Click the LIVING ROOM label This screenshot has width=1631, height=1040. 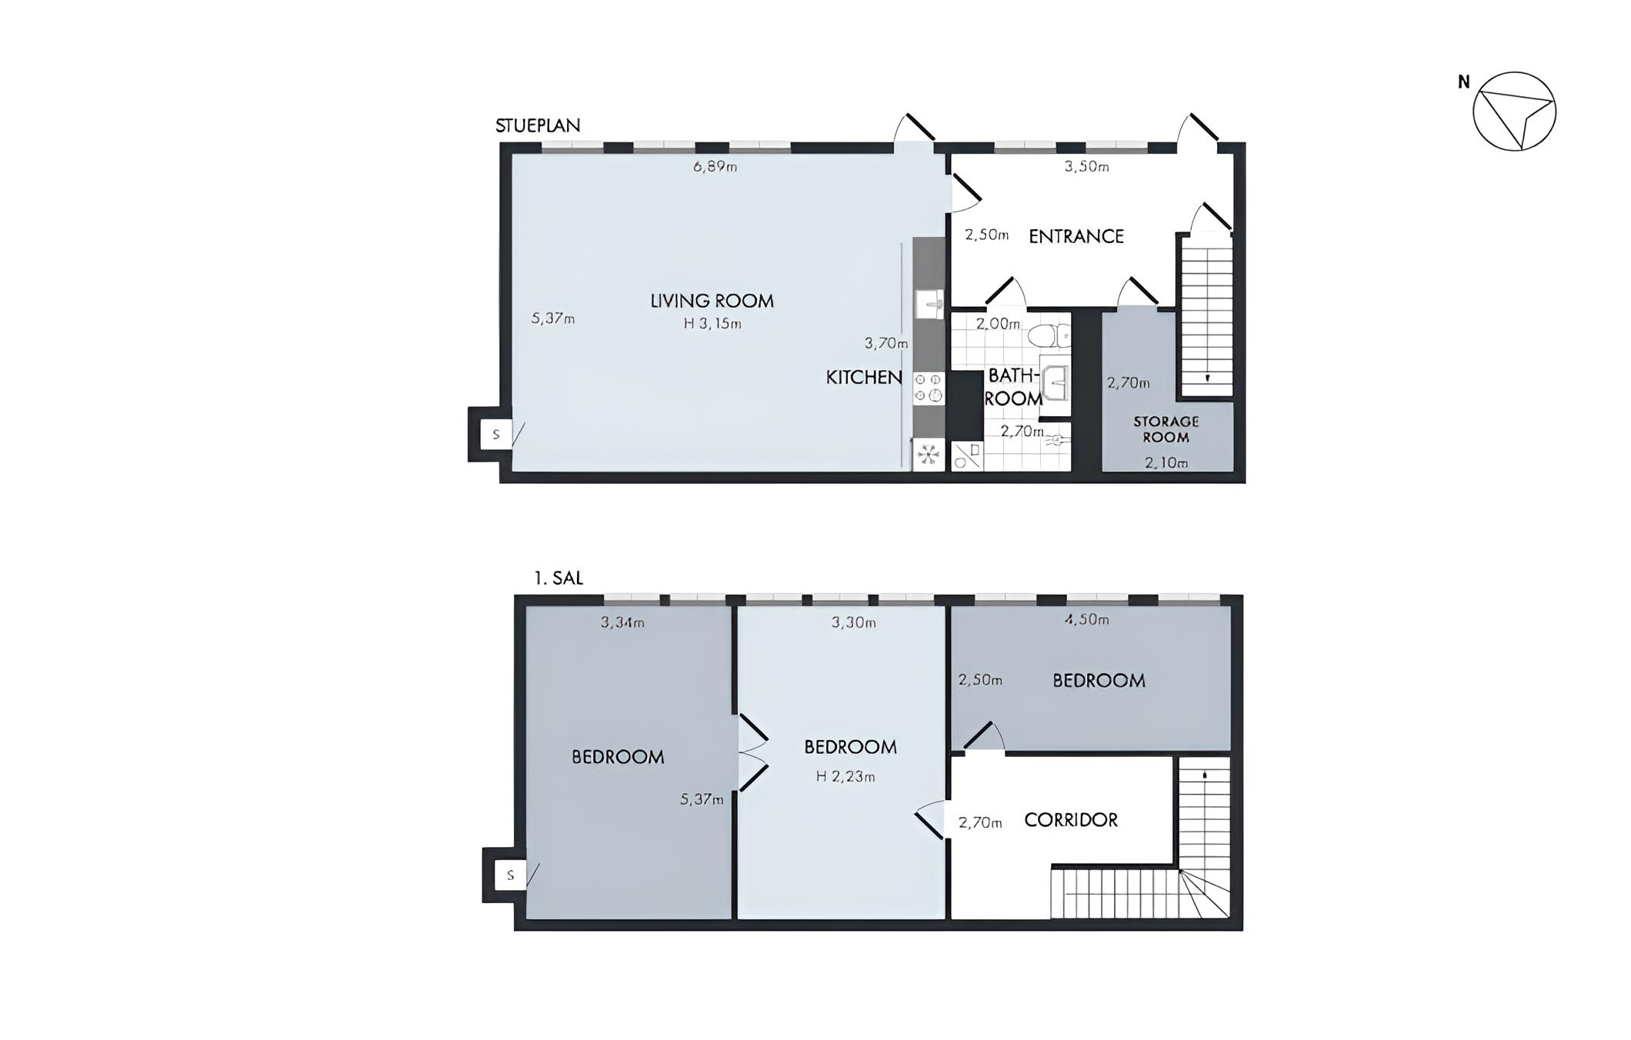[712, 301]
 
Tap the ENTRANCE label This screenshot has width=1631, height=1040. [1076, 236]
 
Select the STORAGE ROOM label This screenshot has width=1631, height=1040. [1166, 429]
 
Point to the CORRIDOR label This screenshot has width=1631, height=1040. [1071, 820]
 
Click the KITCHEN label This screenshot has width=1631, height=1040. [864, 377]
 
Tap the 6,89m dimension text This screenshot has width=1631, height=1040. [715, 166]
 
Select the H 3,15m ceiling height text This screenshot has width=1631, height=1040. [712, 324]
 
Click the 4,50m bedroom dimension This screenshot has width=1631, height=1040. [1086, 619]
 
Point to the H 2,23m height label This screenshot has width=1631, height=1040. [846, 777]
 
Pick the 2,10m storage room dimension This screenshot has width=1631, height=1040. [1166, 462]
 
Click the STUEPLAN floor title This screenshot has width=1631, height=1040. [538, 125]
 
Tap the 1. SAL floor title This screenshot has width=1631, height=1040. [559, 578]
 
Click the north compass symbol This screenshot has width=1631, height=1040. [1514, 112]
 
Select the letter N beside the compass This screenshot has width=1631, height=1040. [1464, 82]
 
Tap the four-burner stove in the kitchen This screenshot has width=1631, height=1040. [929, 388]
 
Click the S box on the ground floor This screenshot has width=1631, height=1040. [495, 435]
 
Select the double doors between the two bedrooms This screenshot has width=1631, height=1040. [753, 753]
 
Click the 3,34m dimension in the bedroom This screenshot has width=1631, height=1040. [622, 622]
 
